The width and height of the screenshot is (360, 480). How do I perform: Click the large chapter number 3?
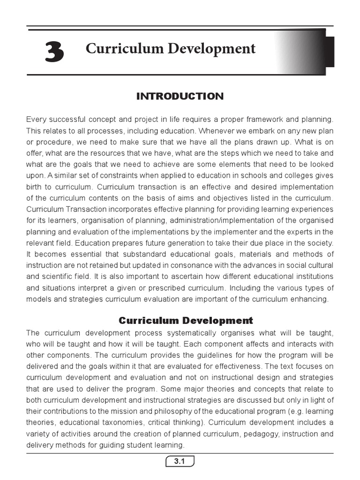coord(55,52)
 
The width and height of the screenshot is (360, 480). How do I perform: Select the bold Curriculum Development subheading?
coord(186,321)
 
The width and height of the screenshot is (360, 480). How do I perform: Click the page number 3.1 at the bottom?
coord(180,462)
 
